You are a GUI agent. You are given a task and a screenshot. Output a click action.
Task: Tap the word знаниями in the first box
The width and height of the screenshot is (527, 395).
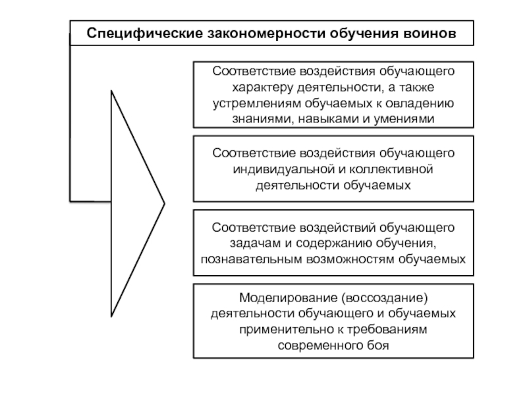coord(258,119)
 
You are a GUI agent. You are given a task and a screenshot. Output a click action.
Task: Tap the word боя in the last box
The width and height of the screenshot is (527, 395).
coord(379,344)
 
